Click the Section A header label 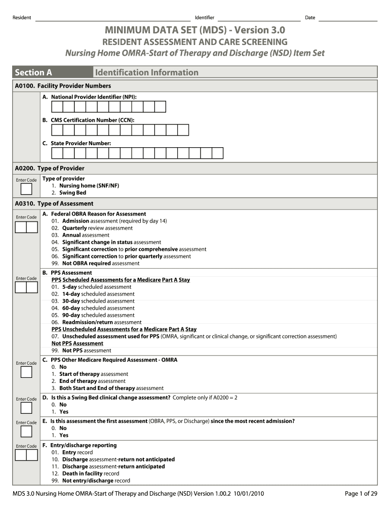(33, 72)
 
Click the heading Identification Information (146, 72)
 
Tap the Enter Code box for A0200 (26, 189)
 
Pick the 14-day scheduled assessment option (93, 294)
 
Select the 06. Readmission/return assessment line (96, 322)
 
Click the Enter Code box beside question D (26, 408)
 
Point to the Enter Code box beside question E (26, 431)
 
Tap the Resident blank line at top (111, 19)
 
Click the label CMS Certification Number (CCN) (92, 120)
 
